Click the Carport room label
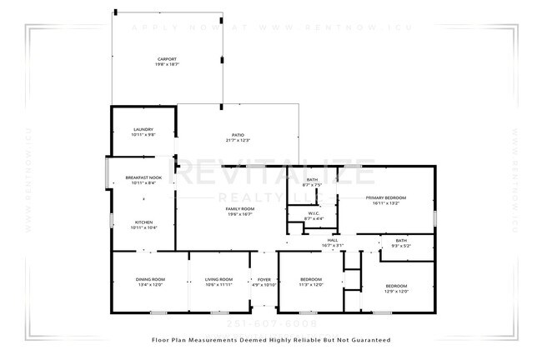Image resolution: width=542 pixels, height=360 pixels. [166, 59]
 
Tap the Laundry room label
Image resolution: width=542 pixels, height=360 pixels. [143, 129]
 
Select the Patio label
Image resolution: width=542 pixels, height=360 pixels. [238, 134]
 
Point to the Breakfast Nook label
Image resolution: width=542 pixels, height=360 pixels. [143, 177]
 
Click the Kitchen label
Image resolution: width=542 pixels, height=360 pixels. [143, 222]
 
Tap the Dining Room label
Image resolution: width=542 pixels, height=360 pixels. [150, 279]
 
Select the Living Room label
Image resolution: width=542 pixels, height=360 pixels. [218, 279]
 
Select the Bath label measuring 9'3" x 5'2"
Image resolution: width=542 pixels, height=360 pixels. [402, 240]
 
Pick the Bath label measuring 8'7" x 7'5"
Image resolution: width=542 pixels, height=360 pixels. [312, 180]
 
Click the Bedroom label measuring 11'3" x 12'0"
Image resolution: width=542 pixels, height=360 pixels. [311, 279]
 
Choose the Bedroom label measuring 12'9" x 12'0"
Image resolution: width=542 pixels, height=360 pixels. [396, 286]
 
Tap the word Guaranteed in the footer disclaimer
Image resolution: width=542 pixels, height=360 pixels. [364, 340]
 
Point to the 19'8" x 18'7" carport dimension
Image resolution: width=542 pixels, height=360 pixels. [166, 64]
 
